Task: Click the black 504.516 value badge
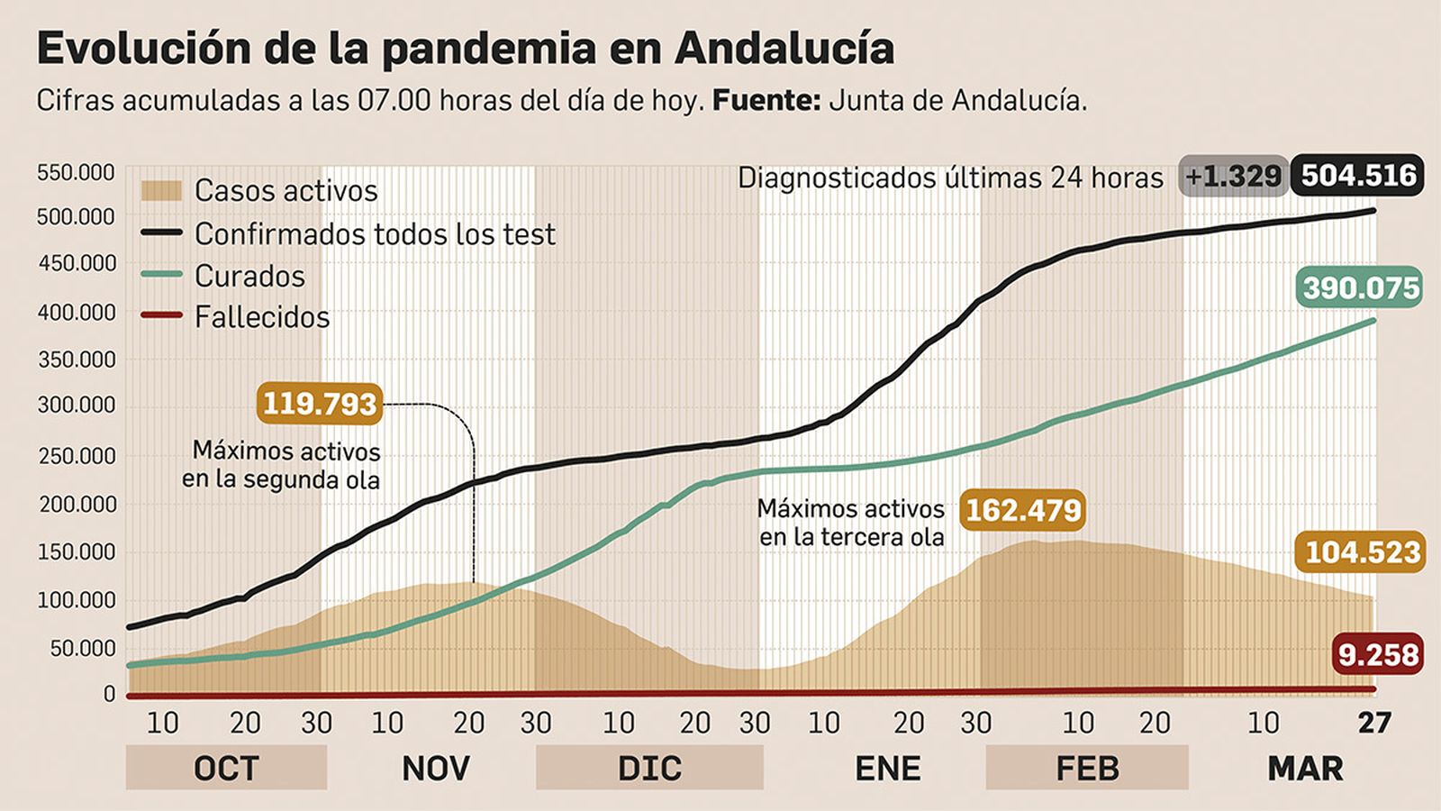1357,175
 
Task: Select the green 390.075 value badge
1361,288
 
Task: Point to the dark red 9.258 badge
1377,654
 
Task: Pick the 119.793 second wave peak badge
320,403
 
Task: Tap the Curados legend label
249,276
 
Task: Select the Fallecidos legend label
262,317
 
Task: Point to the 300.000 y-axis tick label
77,405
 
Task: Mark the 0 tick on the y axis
109,694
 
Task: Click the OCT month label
226,768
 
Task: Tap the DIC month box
649,768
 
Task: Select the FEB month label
1087,768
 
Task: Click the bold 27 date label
1374,723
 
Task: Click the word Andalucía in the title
784,49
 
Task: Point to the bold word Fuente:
766,100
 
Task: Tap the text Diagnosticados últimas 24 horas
950,178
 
